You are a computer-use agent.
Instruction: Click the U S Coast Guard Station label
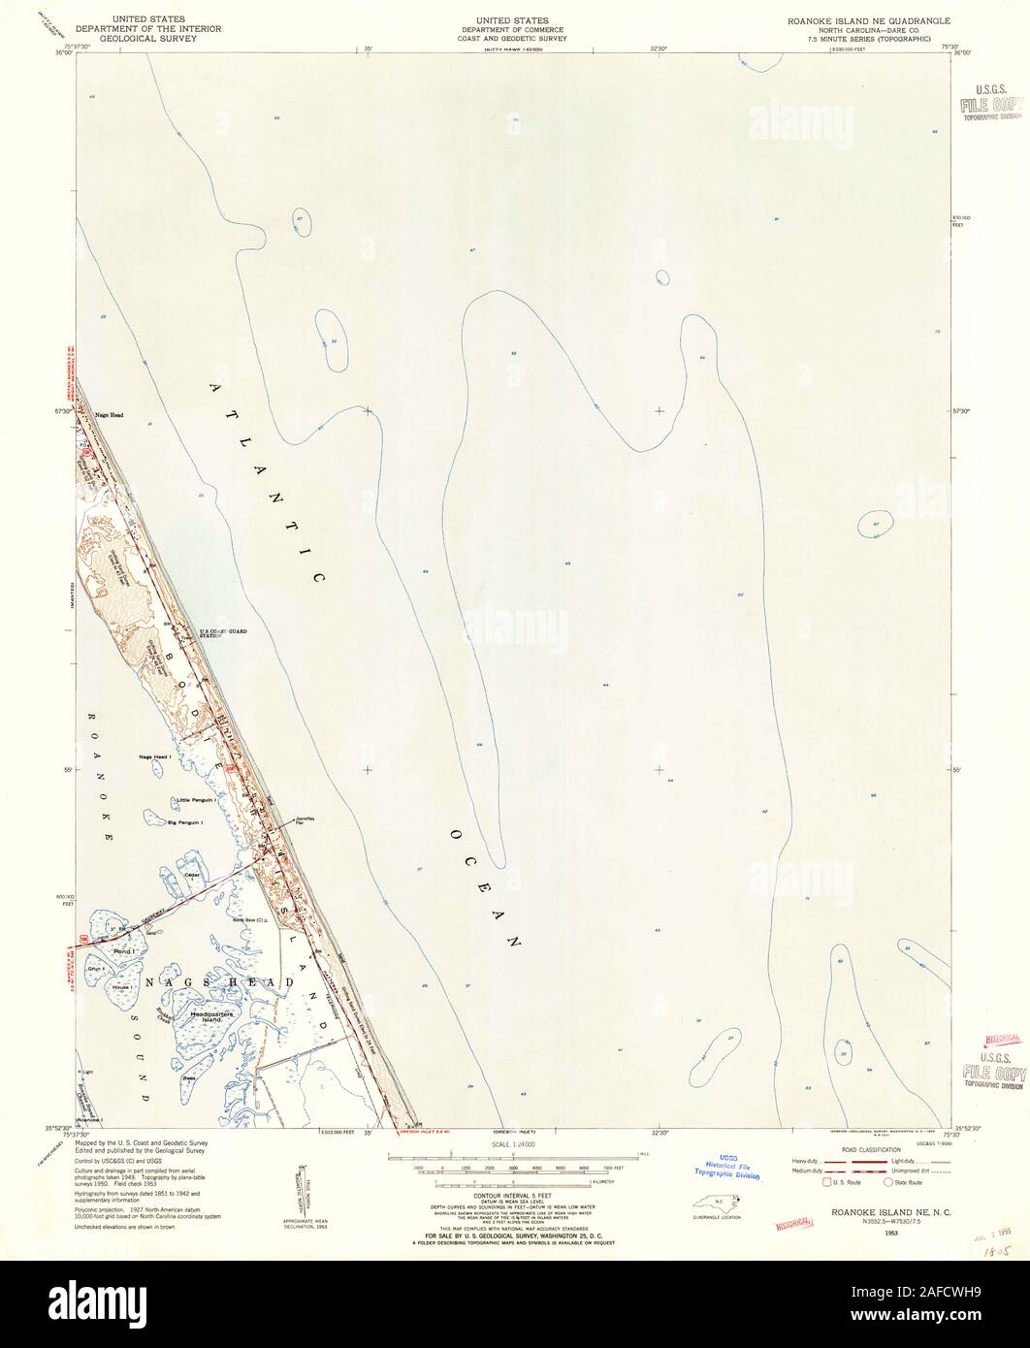click(223, 633)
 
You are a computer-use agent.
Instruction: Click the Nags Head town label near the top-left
click(109, 414)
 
